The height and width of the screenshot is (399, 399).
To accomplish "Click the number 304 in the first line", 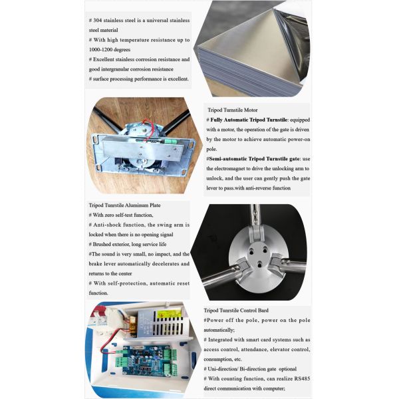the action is tap(98, 21).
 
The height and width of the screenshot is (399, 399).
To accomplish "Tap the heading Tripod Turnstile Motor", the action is tap(233, 110).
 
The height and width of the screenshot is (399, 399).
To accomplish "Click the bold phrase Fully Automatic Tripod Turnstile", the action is tap(249, 120).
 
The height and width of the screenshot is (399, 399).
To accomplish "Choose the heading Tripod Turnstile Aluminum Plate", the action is tap(125, 205).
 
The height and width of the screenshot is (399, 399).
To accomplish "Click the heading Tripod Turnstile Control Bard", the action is tap(236, 311).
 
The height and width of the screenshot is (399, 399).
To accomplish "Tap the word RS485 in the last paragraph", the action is tap(302, 378).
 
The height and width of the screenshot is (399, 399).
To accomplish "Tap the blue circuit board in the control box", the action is tap(146, 359).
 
